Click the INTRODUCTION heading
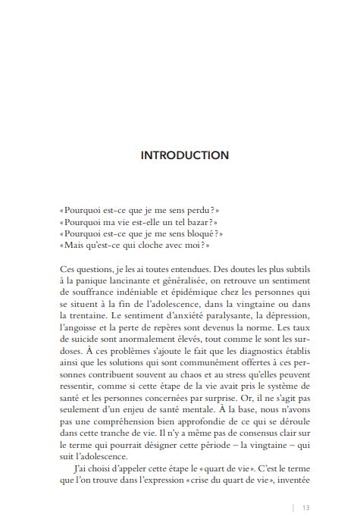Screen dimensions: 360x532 coord(184,155)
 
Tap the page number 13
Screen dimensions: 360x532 coord(306,508)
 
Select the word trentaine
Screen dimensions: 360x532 coord(82,318)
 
